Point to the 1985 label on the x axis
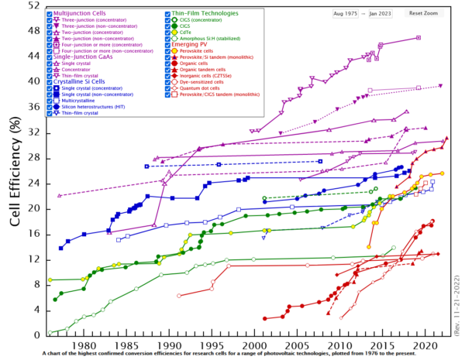coord(126,346)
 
